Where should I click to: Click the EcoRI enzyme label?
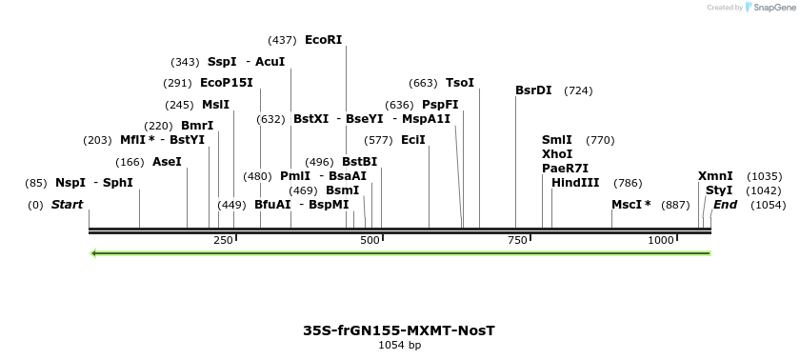click(323, 40)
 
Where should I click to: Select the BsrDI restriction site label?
click(533, 90)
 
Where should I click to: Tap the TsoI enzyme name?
click(460, 83)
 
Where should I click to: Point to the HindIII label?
click(575, 183)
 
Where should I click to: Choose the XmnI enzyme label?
click(715, 176)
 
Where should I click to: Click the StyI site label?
click(719, 190)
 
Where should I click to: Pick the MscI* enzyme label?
click(631, 205)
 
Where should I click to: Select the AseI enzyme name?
click(167, 162)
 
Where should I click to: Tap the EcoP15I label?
click(227, 83)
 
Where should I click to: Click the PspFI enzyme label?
click(440, 105)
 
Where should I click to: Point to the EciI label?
click(413, 140)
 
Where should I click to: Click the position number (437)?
click(283, 40)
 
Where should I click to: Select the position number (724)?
click(578, 90)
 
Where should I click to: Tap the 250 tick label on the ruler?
click(224, 240)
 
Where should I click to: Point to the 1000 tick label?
click(661, 240)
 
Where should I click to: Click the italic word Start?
click(67, 205)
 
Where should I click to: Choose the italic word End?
click(726, 205)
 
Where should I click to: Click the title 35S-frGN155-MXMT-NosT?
click(399, 330)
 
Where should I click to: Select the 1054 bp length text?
click(399, 346)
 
